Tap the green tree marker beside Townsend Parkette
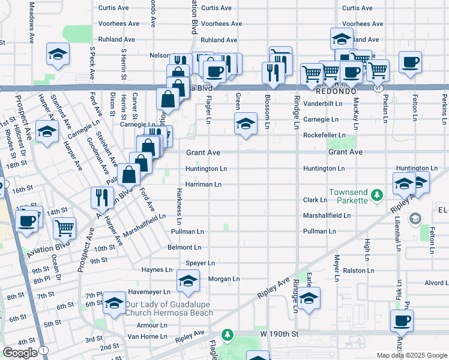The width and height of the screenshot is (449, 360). point(376,195)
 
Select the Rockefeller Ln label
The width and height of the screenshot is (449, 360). point(324,136)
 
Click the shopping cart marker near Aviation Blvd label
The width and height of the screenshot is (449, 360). point(65,227)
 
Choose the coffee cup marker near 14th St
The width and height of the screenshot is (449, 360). point(27,220)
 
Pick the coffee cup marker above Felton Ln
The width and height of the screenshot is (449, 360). point(410,62)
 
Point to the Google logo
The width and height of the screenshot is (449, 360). point(20,353)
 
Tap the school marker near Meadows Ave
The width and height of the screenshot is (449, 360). point(58,56)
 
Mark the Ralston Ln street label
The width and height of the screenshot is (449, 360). point(358,271)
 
